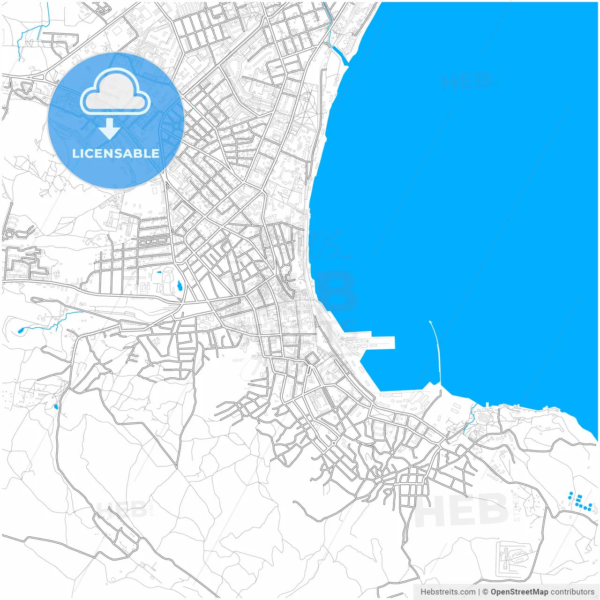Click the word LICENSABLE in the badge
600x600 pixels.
coord(116,153)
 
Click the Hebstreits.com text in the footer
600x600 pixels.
coord(447,592)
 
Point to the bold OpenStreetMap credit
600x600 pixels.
coord(519,592)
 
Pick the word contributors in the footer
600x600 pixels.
coord(572,592)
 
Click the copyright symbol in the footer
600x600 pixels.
coord(485,592)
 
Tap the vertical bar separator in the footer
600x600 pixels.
coord(478,592)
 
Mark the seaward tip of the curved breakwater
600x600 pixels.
coord(430,322)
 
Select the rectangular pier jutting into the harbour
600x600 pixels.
coord(375,343)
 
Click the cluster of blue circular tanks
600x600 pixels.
coord(580,502)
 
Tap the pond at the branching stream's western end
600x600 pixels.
coord(21,330)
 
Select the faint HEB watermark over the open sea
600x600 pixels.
coord(465,81)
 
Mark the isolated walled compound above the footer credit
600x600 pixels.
coord(515,558)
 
